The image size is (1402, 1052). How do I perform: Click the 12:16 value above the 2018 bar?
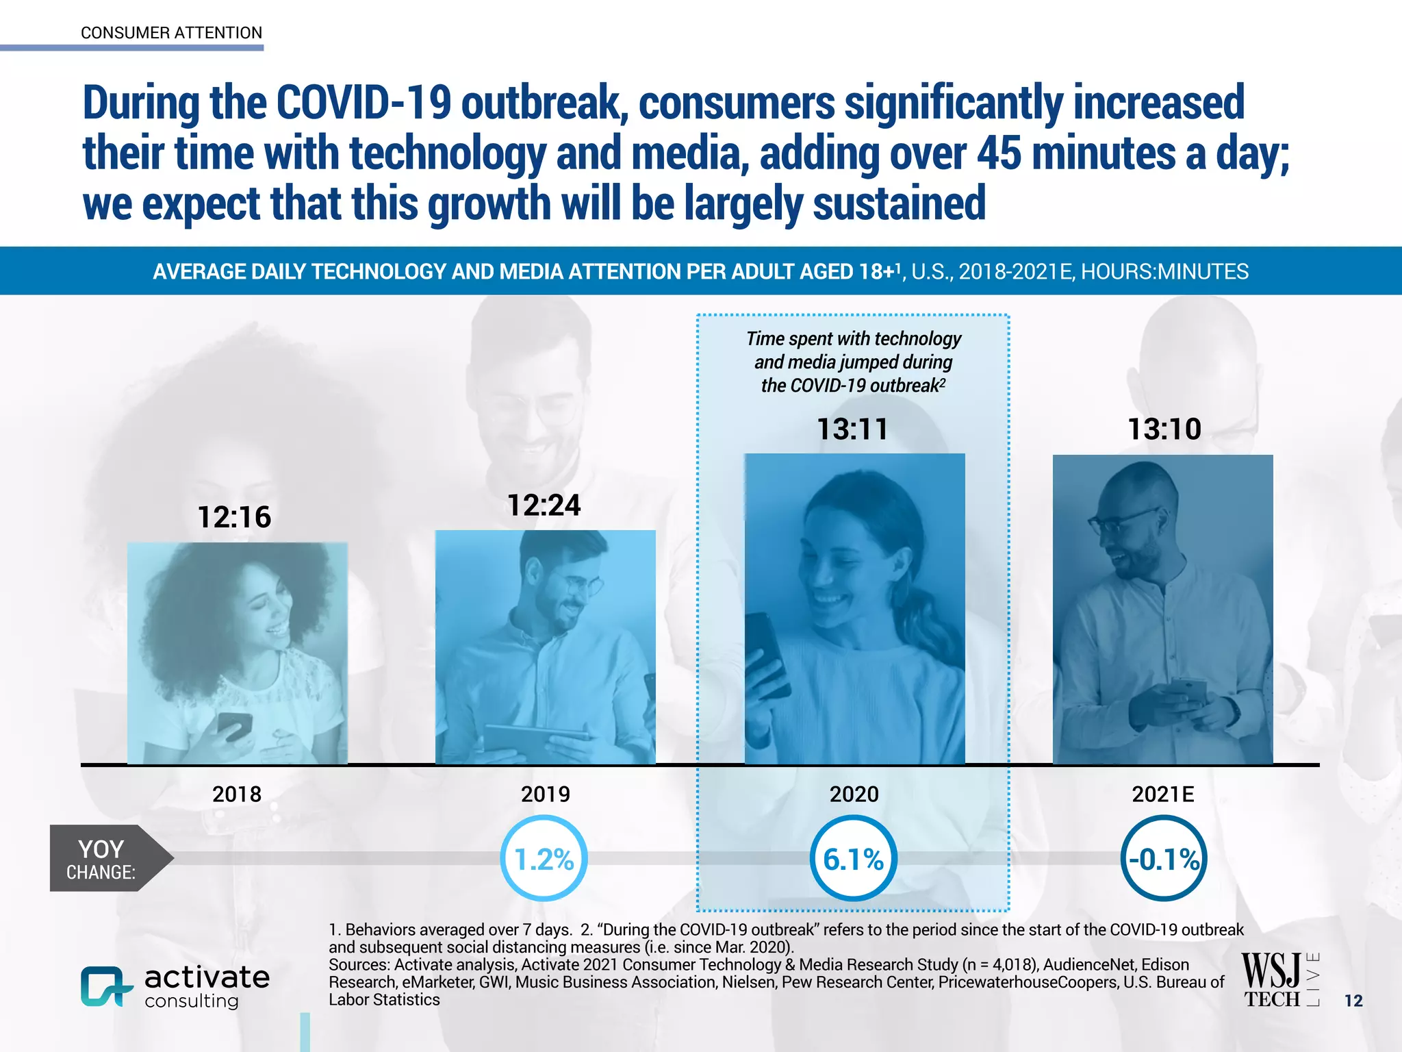[x=234, y=517]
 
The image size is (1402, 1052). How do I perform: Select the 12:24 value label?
[x=544, y=505]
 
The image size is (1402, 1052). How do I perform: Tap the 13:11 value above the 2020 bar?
[x=853, y=429]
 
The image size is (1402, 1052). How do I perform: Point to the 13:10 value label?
[x=1164, y=429]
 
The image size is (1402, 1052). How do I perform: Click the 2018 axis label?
[x=237, y=794]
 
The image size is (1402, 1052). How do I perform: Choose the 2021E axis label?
[x=1162, y=794]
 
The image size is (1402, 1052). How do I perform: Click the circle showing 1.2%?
[x=544, y=859]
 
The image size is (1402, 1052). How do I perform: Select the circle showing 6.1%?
[x=853, y=859]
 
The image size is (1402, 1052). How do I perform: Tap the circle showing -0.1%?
[x=1163, y=859]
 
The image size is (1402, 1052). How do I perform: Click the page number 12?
[x=1353, y=1001]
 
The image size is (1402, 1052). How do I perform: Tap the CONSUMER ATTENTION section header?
[x=171, y=33]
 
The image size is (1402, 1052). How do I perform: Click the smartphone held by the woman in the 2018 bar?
[x=235, y=725]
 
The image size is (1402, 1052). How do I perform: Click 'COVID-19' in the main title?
[x=364, y=103]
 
